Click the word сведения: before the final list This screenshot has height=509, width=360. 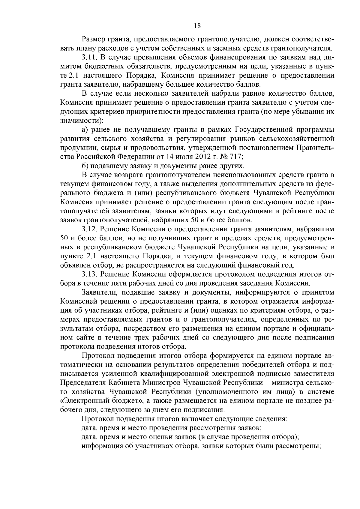(x=273, y=419)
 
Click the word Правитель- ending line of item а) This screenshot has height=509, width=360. (x=315, y=148)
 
